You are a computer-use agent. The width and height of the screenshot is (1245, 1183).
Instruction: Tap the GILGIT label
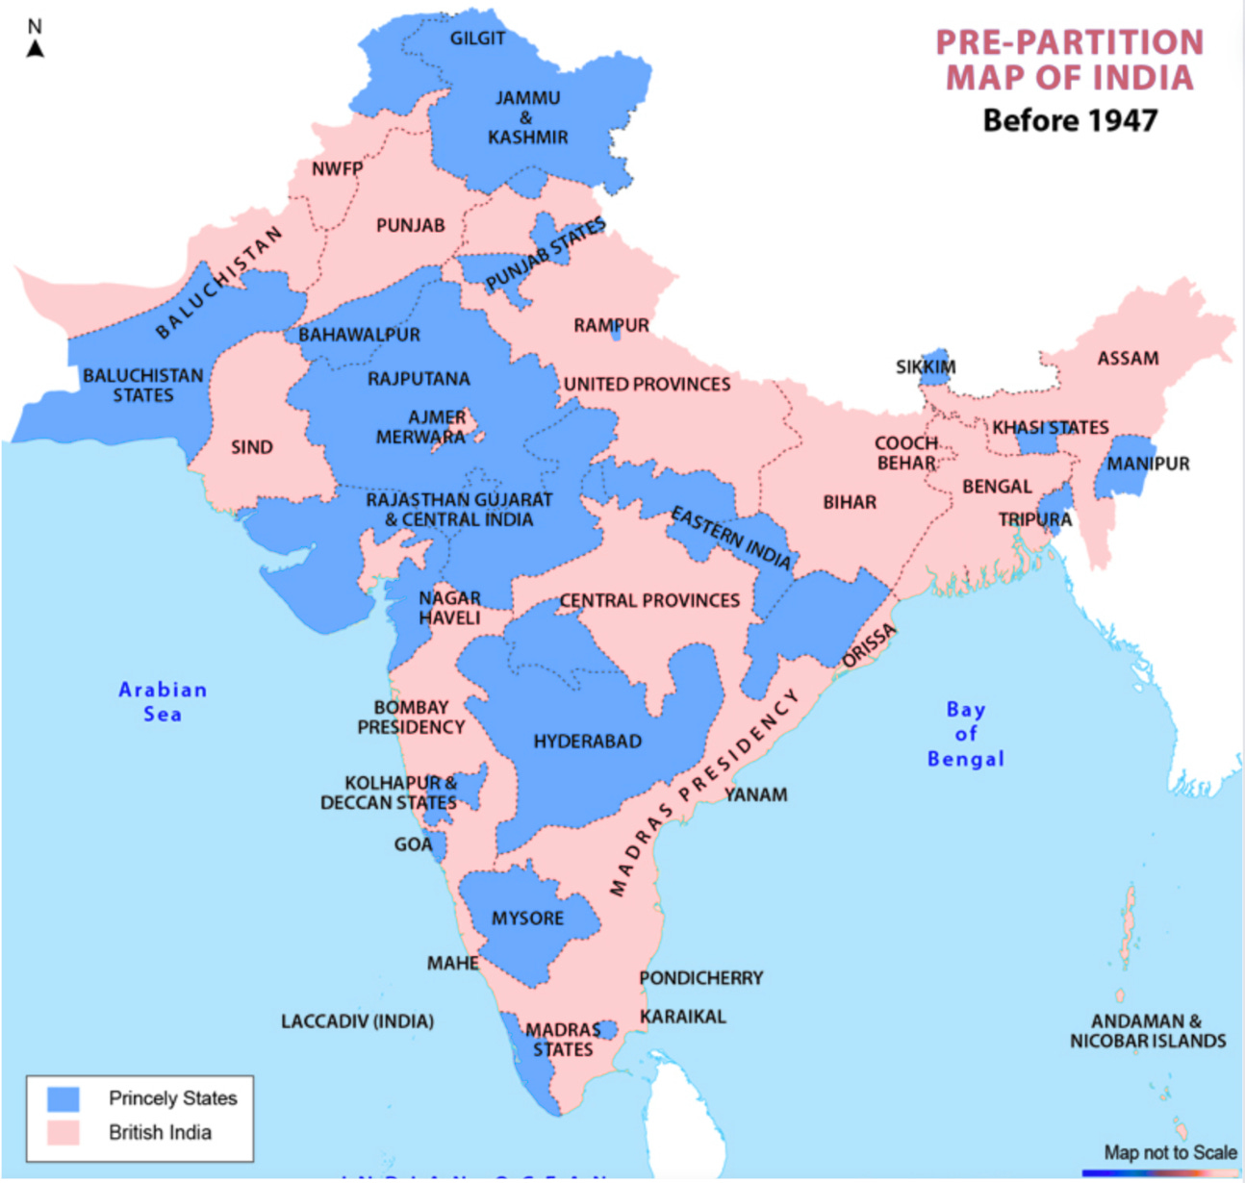(477, 38)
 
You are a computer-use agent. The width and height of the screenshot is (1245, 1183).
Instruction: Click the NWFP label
(337, 169)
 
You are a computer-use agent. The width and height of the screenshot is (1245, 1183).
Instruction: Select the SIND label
(252, 447)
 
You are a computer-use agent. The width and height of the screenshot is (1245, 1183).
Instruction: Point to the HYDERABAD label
(587, 742)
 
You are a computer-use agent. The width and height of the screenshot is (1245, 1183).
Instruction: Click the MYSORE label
(527, 919)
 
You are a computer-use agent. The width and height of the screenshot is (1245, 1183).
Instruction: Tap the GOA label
(413, 844)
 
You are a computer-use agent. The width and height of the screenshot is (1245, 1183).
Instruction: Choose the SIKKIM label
(926, 367)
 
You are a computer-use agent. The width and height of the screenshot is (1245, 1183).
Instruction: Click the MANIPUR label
(1148, 464)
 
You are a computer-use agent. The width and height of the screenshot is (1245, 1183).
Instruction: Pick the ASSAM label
(1128, 359)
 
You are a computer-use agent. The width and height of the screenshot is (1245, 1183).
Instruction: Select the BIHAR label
(850, 502)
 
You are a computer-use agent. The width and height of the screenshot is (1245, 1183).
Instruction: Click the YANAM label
(756, 794)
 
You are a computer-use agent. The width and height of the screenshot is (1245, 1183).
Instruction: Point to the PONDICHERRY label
(701, 978)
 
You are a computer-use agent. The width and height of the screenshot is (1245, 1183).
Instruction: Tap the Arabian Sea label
(163, 701)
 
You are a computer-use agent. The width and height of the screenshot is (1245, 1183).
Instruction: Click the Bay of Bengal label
(965, 734)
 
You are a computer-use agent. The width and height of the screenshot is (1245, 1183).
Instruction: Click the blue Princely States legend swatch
(64, 1098)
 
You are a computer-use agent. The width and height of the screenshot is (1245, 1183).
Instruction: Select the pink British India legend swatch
(64, 1132)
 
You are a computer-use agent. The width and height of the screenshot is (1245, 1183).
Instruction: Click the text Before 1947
(1070, 120)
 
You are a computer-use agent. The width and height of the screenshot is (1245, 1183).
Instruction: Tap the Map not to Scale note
(1170, 1152)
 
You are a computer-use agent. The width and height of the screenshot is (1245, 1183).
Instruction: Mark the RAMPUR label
(611, 326)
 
